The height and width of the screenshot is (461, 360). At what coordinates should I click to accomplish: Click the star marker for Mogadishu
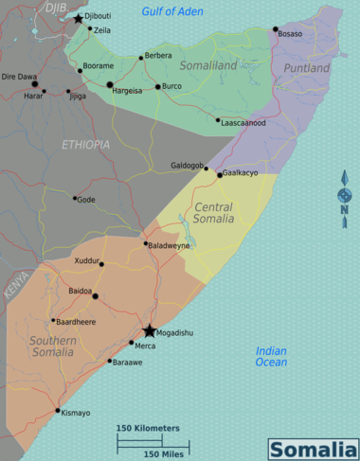150,331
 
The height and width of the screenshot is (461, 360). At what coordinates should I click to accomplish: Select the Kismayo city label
75,413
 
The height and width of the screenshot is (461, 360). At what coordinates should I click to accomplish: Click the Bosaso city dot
276,30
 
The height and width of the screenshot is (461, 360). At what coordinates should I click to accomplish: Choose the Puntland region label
307,68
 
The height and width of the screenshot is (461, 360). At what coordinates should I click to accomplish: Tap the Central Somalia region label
213,213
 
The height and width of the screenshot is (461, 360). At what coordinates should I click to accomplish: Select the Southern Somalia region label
52,346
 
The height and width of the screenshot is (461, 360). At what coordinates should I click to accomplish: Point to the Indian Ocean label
271,356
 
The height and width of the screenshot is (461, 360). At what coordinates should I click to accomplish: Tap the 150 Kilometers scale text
148,429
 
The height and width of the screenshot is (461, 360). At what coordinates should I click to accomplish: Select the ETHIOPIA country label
85,145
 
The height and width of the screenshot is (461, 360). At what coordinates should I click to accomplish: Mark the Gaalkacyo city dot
220,174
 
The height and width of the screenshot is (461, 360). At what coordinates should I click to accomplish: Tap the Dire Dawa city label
19,76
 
